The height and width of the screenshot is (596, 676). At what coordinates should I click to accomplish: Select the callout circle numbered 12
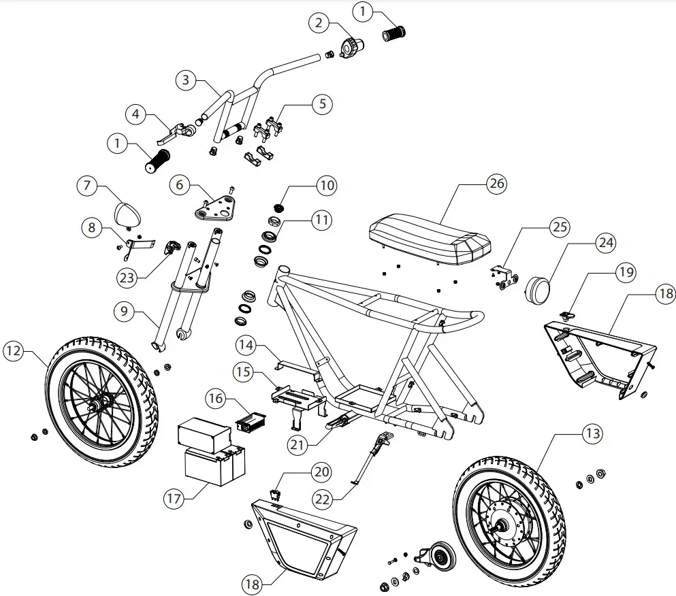pyautogui.click(x=14, y=351)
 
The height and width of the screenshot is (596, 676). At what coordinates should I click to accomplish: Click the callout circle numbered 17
pyautogui.click(x=174, y=497)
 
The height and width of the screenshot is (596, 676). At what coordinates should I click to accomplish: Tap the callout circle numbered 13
pyautogui.click(x=592, y=433)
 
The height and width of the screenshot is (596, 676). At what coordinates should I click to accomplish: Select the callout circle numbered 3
pyautogui.click(x=185, y=80)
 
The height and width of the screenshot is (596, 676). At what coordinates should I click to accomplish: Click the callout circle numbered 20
pyautogui.click(x=321, y=471)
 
